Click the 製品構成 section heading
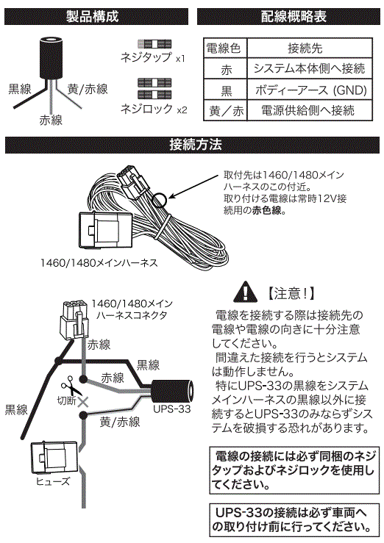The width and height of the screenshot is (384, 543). pos(92,16)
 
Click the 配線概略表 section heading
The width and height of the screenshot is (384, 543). pos(294,16)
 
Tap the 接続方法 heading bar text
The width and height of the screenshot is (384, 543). pos(196,145)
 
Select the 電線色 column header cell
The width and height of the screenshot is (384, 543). pos(224,48)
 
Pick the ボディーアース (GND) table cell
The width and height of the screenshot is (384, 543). pos(310,90)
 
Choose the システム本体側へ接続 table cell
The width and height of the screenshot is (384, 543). pos(310,68)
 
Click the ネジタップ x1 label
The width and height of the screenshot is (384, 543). pos(153,57)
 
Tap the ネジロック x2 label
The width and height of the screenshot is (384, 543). pos(154,109)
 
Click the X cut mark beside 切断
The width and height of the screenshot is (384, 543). pos(83,402)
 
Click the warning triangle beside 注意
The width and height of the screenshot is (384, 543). pos(246,292)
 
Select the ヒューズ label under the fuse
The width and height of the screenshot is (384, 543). pos(53,481)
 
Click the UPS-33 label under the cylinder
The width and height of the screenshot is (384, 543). pos(172,409)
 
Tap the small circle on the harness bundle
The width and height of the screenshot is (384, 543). pos(160,199)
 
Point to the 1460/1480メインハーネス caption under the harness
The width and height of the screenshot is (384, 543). pos(99,263)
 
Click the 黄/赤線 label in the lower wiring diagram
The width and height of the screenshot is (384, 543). pos(120,422)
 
